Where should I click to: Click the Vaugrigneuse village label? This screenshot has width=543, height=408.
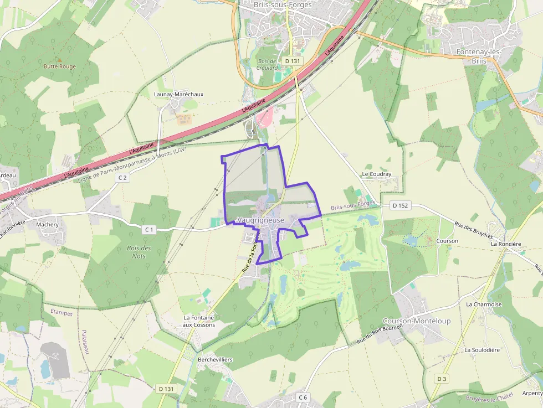point(260,220)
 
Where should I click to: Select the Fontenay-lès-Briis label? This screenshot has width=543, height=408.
point(478,56)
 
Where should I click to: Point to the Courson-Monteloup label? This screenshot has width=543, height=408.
point(416,321)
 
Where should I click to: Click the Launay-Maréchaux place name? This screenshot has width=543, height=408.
point(178,94)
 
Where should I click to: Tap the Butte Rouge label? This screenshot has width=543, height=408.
point(60,66)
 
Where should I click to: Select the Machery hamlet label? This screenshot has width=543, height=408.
point(47,225)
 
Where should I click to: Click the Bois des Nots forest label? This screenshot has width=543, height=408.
point(139,252)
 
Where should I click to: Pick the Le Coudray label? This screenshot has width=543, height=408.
point(376,174)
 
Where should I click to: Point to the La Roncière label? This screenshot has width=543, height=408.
point(506,244)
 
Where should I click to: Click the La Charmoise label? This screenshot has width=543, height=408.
point(483,304)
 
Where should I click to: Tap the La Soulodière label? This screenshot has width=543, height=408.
point(482,350)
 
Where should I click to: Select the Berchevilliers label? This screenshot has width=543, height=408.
point(215,360)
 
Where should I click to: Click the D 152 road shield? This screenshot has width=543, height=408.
point(399,205)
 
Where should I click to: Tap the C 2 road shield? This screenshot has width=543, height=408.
point(122,178)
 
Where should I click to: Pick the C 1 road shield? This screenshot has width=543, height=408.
point(148,229)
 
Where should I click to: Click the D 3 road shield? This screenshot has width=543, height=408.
point(441,379)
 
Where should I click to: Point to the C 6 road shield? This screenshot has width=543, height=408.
point(303,397)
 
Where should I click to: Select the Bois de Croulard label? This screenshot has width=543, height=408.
point(267,64)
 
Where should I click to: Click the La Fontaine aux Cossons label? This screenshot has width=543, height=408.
point(199,321)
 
